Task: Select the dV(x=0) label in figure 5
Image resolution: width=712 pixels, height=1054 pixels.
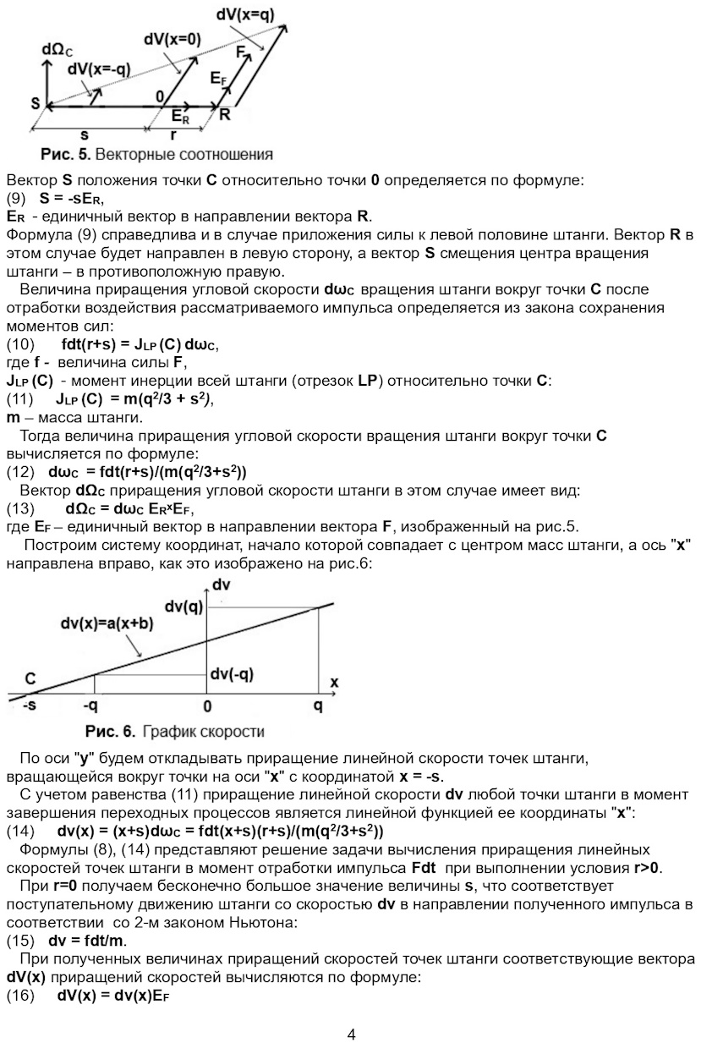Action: click(173, 39)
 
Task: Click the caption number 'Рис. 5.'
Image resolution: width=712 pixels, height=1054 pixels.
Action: click(65, 155)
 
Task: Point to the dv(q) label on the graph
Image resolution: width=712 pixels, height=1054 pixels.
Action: click(183, 606)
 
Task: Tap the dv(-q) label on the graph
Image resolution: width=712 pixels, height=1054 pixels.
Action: click(233, 674)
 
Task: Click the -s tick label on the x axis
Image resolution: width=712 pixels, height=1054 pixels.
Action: click(30, 705)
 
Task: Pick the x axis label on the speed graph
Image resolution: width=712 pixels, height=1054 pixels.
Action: click(333, 682)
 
